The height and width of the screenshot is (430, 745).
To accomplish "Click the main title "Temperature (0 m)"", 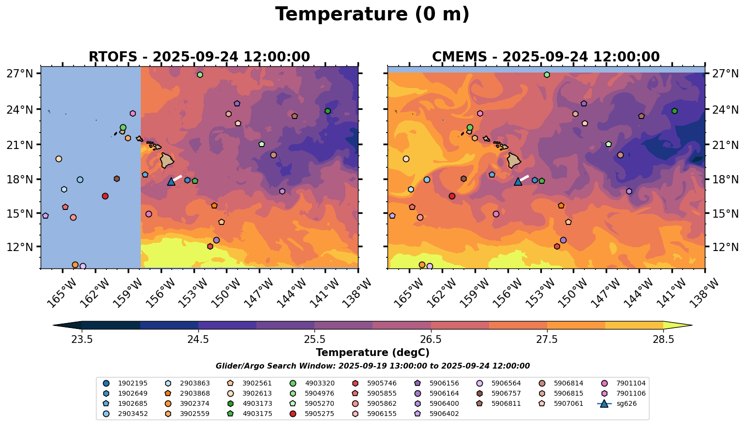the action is tap(372, 15).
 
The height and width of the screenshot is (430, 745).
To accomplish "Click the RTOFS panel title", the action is tap(199, 57).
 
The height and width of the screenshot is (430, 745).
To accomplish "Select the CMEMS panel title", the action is tap(546, 57).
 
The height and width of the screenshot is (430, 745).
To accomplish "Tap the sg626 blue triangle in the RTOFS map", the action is tap(171, 181).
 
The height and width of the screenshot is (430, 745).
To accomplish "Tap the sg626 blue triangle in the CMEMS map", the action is tap(518, 181).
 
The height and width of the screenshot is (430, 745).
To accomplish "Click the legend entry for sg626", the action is tap(617, 404).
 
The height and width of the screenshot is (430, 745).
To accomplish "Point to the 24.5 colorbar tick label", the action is tap(198, 339).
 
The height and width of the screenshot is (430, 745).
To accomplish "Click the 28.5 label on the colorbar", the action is tap(663, 339).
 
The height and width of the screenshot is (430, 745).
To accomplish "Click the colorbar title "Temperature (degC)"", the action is tap(372, 353).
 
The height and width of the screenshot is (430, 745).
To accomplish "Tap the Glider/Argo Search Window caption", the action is tap(372, 366).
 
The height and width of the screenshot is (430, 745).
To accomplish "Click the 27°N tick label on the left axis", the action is tap(20, 73).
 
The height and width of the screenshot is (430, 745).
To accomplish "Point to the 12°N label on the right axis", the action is tap(725, 247).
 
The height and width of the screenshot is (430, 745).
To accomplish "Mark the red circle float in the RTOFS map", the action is tap(105, 196).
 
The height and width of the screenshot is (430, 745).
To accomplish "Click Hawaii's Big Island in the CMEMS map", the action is tap(514, 161).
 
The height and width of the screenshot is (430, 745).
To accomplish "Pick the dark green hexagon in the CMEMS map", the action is tap(674, 111).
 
